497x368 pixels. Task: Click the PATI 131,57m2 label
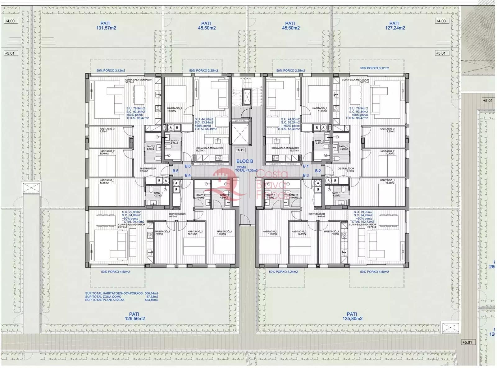point(106,26)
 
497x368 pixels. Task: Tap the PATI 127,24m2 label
point(394,26)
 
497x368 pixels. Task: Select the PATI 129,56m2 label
point(135,316)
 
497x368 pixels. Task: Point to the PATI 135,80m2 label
point(352,316)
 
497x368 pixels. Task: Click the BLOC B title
point(245,161)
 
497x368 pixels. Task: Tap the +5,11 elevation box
point(240,150)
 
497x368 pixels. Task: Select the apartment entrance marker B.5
point(176,171)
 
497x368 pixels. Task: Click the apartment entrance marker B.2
point(318,171)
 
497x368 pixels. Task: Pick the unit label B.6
point(188,166)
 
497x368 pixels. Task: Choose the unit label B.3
point(306,176)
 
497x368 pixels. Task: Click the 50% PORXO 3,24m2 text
point(283,272)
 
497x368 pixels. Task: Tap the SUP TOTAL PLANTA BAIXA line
point(121,300)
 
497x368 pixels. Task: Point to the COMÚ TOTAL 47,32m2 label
point(246,169)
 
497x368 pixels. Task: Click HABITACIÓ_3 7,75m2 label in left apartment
point(107,130)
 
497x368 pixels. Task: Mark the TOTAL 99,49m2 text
point(131,222)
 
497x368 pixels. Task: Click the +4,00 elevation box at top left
point(10,21)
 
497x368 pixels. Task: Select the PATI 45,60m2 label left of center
point(206,26)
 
